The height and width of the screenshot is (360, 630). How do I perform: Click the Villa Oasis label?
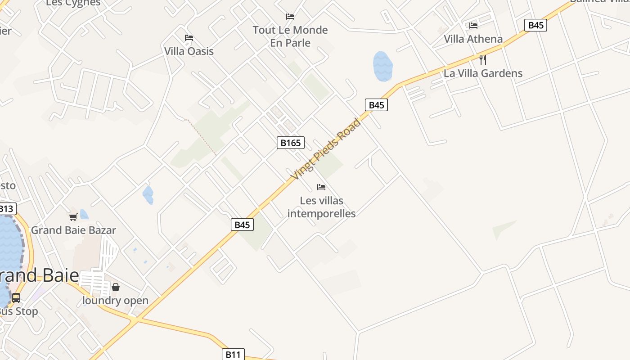[189, 51]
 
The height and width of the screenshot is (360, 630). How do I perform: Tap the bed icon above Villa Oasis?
[189, 37]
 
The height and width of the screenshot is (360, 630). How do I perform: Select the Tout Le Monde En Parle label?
[290, 36]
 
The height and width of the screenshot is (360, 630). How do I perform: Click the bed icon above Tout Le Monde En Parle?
[290, 17]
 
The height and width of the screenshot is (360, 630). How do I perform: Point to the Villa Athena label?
[473, 39]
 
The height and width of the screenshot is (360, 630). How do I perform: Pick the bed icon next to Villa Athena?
[473, 26]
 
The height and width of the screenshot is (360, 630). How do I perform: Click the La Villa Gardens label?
[483, 73]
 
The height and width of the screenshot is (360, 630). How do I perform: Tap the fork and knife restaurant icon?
[483, 59]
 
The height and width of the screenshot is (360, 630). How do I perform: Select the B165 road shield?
[290, 143]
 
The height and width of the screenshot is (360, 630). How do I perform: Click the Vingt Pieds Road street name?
[326, 149]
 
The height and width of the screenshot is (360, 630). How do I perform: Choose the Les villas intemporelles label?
[321, 207]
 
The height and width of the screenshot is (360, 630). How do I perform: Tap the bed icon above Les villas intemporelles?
[321, 187]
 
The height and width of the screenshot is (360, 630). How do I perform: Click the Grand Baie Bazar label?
[73, 230]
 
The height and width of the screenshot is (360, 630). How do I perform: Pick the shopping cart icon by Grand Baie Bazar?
[73, 217]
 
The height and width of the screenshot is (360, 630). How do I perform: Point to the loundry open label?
[115, 301]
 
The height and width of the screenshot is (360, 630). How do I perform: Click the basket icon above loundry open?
[116, 287]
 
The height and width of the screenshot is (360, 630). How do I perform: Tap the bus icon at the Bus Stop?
[16, 298]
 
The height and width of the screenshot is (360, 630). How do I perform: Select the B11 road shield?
[233, 355]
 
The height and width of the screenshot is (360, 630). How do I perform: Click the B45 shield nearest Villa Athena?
[535, 25]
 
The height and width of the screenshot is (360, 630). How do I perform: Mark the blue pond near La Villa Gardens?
[382, 66]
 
